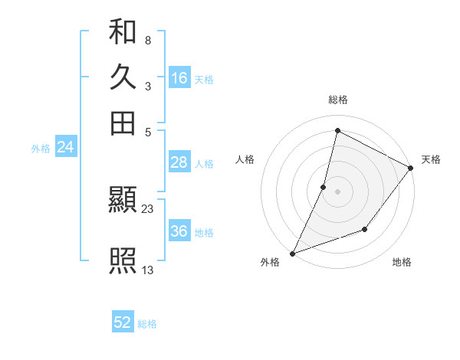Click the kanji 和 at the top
(123, 33)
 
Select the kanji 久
(123, 77)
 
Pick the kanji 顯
(123, 201)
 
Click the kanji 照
(123, 261)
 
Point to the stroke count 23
(148, 209)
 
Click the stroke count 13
(148, 269)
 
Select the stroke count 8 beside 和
(147, 40)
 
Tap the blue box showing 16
(179, 78)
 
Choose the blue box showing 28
(179, 162)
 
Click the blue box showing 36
(179, 231)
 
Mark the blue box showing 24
(65, 148)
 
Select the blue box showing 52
(123, 322)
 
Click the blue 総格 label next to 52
(147, 324)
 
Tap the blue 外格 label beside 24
(41, 149)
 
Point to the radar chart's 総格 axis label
(337, 100)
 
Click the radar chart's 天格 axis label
(431, 159)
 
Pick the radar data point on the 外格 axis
(293, 253)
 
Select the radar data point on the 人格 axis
(324, 186)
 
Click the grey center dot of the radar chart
(337, 191)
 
